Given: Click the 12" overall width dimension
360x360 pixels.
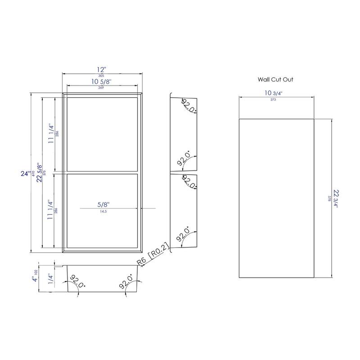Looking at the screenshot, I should (102, 70).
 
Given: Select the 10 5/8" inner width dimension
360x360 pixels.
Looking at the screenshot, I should (102, 81).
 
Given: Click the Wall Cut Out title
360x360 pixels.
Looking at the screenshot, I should (276, 79).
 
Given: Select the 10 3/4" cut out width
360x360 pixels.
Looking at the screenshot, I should (275, 93).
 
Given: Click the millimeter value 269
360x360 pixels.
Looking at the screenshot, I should (102, 88).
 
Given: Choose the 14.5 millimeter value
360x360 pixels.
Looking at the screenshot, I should (103, 211).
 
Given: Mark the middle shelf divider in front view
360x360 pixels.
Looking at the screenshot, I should (102, 172).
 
